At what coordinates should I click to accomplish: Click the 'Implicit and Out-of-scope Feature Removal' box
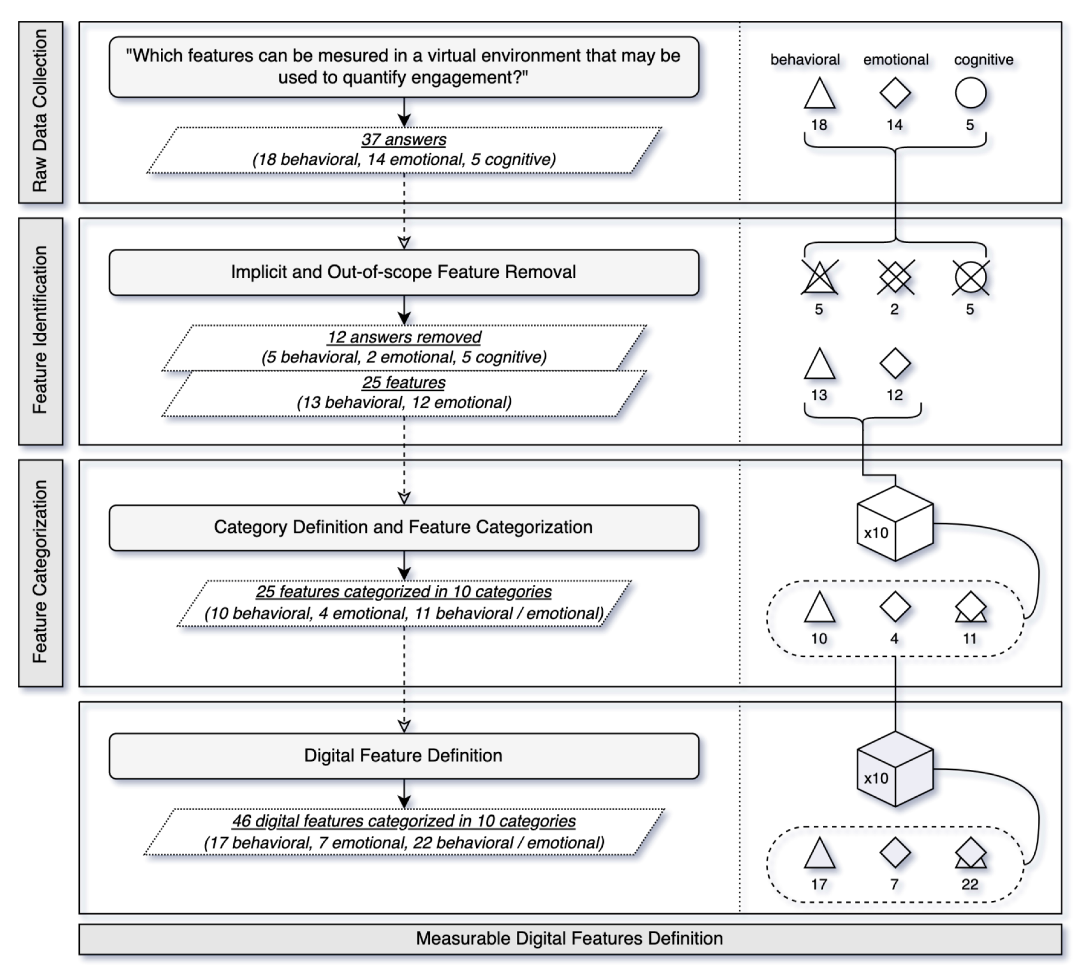coord(403,272)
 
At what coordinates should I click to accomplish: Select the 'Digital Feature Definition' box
coord(403,756)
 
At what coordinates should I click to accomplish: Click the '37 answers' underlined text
coord(403,140)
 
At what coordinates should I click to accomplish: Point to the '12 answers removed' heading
coord(403,337)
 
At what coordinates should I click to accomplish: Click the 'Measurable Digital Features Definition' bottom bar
coord(570,939)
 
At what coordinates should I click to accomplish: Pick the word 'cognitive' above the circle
coord(983,60)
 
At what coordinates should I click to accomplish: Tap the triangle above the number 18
coord(819,94)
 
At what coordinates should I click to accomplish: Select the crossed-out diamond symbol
coord(895,277)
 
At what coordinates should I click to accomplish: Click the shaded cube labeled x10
coord(895,769)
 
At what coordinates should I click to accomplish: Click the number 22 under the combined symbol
coord(970,885)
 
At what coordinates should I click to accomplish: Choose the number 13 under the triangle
coord(819,396)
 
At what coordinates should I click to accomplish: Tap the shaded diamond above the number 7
coord(895,852)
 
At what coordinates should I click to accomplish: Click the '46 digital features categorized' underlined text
coord(403,821)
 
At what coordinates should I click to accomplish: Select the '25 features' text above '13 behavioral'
coord(403,383)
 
